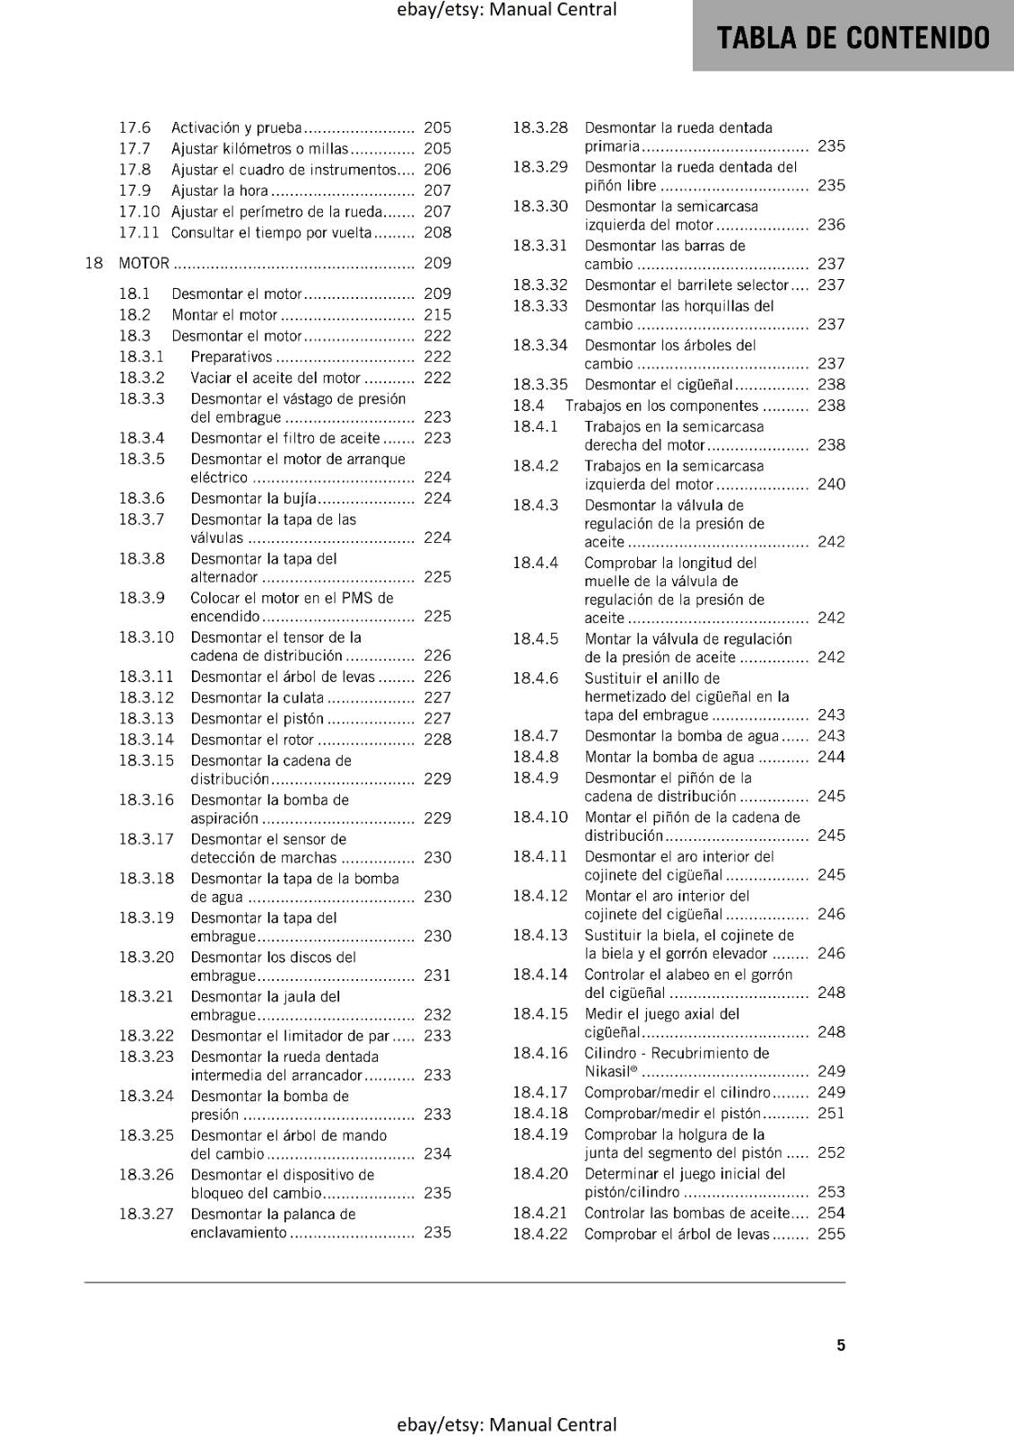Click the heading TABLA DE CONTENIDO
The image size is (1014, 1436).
(x=853, y=38)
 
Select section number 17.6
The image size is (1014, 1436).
(x=135, y=127)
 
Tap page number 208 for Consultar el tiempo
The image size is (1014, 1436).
(x=437, y=232)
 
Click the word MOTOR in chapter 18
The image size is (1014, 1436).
(x=144, y=263)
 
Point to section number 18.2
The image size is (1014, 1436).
(x=135, y=315)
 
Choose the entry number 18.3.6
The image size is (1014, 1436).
(x=142, y=498)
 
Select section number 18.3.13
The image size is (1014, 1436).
(x=146, y=718)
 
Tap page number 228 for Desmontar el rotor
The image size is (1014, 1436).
(x=437, y=740)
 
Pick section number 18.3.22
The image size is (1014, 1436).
(x=146, y=1036)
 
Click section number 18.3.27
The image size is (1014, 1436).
(x=146, y=1214)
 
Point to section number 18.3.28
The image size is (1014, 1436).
(x=540, y=127)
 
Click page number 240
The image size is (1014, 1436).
(x=831, y=484)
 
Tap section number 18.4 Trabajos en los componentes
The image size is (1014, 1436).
(x=529, y=406)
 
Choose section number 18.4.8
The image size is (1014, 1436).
(x=536, y=757)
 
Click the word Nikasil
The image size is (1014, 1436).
(x=608, y=1072)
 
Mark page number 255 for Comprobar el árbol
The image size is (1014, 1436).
(x=831, y=1234)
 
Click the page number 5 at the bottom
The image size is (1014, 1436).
(x=841, y=1345)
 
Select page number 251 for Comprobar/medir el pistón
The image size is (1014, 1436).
(x=831, y=1113)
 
